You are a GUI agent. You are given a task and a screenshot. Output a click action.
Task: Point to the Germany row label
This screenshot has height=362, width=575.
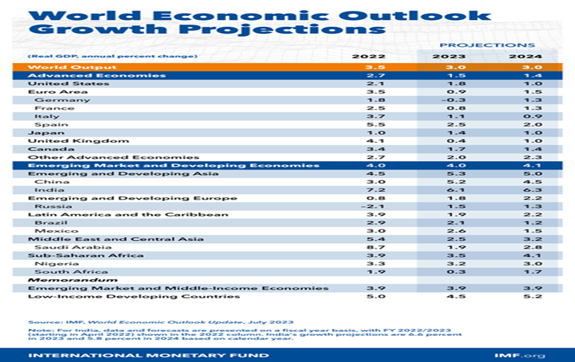click(52, 100)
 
